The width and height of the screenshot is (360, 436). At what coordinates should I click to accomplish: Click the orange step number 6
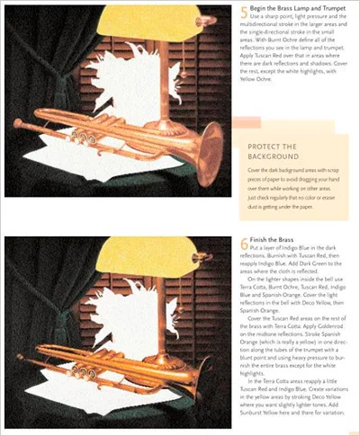tap(244, 246)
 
